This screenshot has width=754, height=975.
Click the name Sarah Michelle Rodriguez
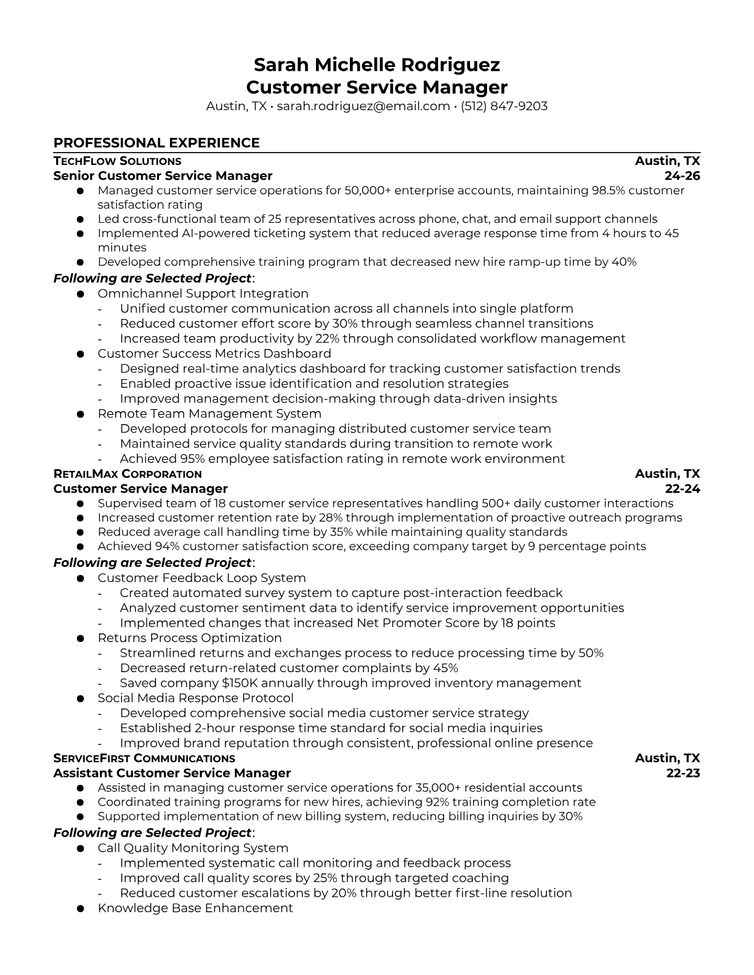click(x=376, y=65)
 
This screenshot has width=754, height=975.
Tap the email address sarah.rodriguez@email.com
click(x=363, y=106)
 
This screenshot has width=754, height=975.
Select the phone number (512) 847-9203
click(x=504, y=106)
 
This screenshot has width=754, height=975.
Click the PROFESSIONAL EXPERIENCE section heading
click(x=156, y=143)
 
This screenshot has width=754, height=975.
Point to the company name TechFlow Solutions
click(x=117, y=161)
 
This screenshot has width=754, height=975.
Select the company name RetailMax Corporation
click(x=128, y=474)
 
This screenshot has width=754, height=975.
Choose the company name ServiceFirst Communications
click(x=144, y=758)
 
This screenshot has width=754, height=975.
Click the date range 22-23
click(x=683, y=773)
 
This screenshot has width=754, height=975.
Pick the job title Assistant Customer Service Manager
click(x=172, y=773)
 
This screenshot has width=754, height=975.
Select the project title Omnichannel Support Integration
click(x=203, y=294)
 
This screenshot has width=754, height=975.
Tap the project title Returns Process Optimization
click(x=190, y=638)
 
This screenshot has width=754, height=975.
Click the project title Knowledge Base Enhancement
click(x=195, y=909)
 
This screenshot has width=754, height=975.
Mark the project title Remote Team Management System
click(x=209, y=414)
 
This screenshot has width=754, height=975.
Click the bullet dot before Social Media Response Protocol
click(x=80, y=699)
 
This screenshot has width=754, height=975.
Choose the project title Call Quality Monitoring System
click(x=193, y=848)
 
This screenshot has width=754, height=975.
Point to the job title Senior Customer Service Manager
click(x=163, y=176)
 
